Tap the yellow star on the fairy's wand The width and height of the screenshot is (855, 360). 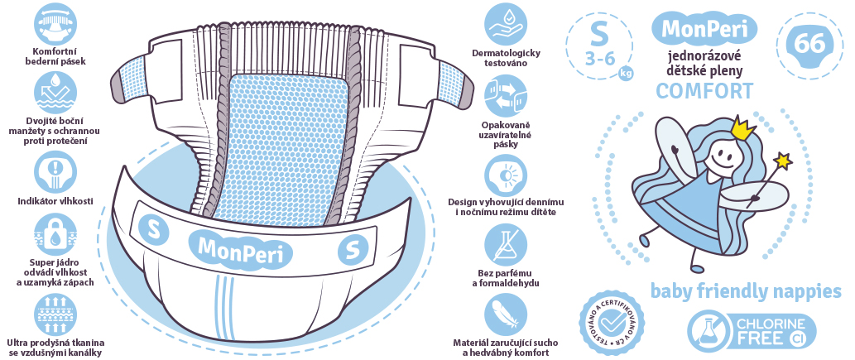point(784,161)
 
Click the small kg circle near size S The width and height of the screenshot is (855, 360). point(626,73)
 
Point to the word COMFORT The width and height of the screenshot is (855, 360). point(704,90)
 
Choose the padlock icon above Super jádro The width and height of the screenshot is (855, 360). point(55,234)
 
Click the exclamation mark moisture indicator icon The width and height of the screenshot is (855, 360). point(55,172)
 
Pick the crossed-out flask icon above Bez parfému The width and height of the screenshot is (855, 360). point(506,245)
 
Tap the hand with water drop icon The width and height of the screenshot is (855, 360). point(506,24)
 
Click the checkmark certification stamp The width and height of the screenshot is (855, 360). point(612,324)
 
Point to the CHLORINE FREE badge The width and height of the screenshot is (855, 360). point(752,331)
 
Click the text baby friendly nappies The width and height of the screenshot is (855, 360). point(746,292)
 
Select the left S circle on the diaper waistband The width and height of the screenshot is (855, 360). point(153,229)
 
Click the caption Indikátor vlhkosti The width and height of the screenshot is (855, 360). point(55,201)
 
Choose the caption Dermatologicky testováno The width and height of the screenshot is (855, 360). point(506,58)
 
